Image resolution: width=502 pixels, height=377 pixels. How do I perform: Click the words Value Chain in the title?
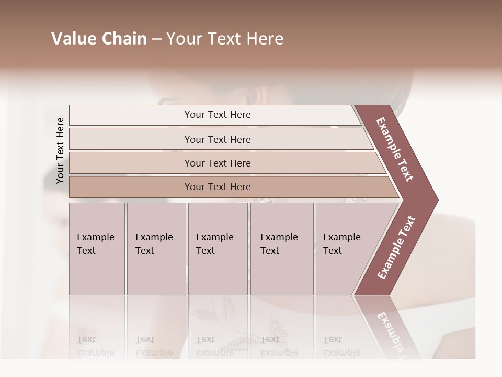tap(99, 39)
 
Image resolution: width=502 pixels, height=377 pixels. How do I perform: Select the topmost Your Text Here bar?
tap(217, 115)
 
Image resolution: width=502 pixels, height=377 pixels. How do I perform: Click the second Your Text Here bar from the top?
tap(217, 139)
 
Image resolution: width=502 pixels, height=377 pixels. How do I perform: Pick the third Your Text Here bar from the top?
tap(217, 163)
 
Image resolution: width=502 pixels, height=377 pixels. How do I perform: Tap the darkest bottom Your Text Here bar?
tap(217, 187)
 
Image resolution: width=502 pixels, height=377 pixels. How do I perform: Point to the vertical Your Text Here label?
tap(60, 150)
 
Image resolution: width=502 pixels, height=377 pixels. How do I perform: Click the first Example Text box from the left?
tap(96, 248)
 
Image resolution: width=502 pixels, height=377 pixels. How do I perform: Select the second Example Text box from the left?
tap(156, 248)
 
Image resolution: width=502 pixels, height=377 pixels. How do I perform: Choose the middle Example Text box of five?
tap(217, 248)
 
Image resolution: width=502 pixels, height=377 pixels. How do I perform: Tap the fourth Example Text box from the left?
tap(281, 248)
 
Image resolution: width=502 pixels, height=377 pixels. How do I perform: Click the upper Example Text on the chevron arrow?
tap(395, 149)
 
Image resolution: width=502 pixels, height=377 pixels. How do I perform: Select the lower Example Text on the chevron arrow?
tap(396, 247)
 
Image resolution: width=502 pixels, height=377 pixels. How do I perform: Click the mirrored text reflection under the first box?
tap(95, 346)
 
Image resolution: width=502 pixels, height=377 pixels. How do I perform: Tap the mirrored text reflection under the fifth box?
tap(341, 346)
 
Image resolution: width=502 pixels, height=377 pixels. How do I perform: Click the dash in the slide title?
tap(156, 39)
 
